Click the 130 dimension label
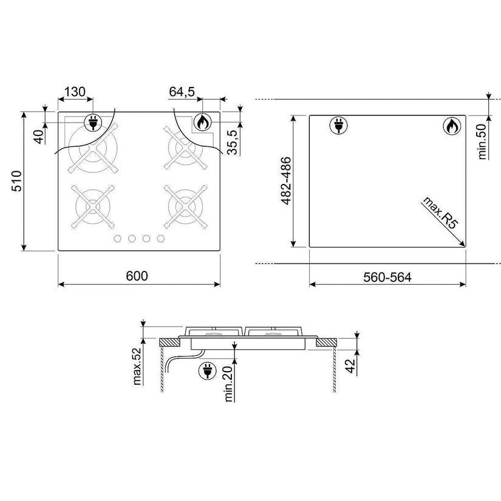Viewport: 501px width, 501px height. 75,92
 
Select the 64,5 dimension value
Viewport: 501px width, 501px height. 182,92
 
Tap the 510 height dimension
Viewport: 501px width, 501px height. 16,181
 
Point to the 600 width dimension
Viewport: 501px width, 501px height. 137,276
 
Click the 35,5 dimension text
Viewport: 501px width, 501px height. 233,142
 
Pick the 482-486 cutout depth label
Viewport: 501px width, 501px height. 286,180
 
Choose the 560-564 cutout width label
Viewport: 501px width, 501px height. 387,278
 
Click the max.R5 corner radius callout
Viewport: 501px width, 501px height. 440,213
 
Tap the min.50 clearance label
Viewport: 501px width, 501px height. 482,141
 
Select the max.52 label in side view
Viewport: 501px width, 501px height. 137,366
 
